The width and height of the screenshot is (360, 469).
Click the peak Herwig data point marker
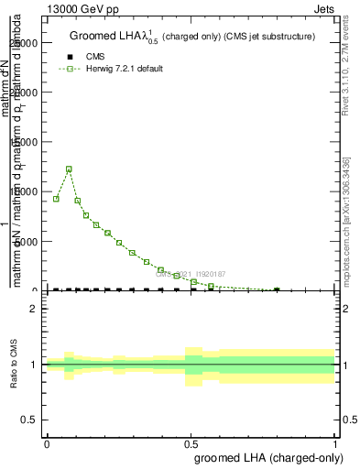pyautogui.click(x=69, y=169)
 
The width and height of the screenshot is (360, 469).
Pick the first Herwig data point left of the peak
pyautogui.click(x=56, y=199)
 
